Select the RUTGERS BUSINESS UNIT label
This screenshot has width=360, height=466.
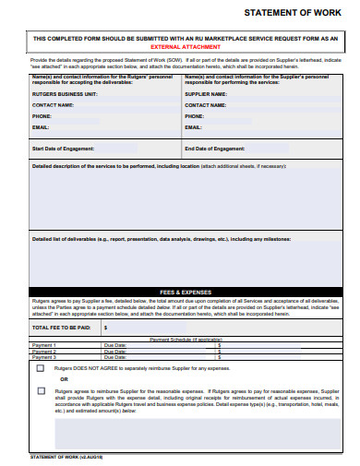click(65, 94)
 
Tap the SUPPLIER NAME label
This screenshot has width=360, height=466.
click(206, 94)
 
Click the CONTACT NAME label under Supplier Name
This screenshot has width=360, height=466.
click(206, 105)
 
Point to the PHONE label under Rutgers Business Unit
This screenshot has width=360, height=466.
click(42, 117)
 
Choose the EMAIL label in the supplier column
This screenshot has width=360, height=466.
click(194, 128)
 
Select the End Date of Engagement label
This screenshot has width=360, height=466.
click(215, 148)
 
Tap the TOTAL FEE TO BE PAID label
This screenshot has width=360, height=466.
click(62, 327)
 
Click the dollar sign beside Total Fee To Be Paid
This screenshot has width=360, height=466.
click(106, 327)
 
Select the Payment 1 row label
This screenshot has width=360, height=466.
click(44, 345)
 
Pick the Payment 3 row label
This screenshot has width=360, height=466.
click(44, 356)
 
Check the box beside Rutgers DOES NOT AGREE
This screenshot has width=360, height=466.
click(40, 367)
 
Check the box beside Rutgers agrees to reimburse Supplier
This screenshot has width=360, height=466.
click(40, 390)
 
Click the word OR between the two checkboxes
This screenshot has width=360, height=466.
click(64, 379)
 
